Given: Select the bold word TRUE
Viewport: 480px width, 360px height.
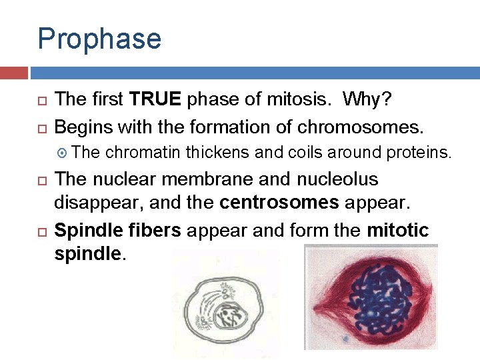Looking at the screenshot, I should click(156, 100).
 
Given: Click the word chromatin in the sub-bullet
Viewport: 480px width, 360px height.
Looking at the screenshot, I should click(143, 153).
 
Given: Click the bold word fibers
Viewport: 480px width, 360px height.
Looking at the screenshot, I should click(157, 231).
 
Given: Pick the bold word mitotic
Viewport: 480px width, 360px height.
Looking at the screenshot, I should click(398, 231).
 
